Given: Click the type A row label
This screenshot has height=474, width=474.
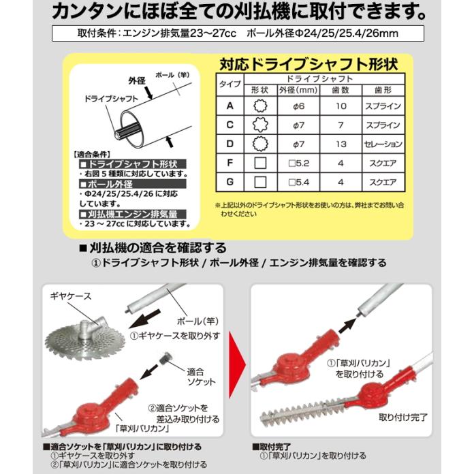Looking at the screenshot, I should tap(230, 106).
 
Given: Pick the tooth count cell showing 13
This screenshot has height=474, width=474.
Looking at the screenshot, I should tap(345, 144).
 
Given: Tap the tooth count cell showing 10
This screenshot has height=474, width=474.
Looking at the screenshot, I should tap(345, 106).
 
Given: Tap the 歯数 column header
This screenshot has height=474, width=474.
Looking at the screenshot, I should tap(345, 89).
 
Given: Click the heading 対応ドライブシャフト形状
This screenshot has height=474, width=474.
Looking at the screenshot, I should tap(311, 65).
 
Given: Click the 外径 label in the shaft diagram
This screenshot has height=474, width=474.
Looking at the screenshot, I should tap(137, 80).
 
